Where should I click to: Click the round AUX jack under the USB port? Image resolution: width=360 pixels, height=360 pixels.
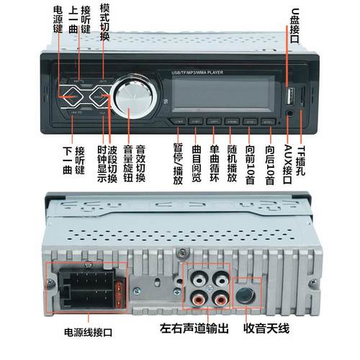[x=289, y=112]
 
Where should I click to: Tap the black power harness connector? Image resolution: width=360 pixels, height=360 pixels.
[x=84, y=284]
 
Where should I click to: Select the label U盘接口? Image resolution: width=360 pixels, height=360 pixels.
[x=294, y=25]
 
